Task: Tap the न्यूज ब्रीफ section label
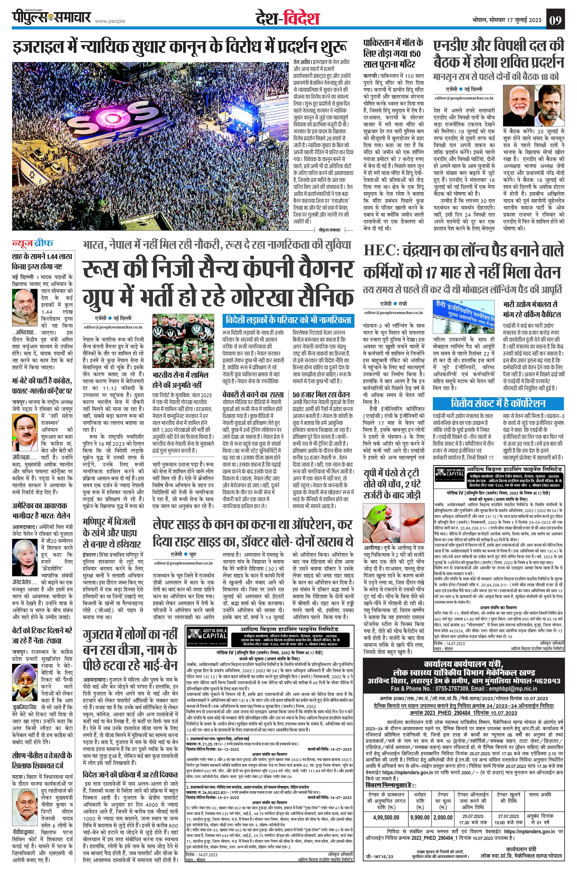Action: [x=33, y=243]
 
